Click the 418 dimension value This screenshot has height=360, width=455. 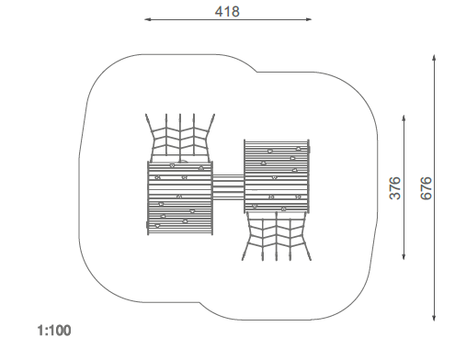(227, 12)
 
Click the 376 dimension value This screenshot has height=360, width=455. (395, 188)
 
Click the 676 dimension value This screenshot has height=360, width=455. (426, 188)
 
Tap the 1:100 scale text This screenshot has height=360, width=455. (54, 331)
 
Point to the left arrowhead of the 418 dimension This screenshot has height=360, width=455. (148, 19)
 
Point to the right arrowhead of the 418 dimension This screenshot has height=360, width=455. (308, 19)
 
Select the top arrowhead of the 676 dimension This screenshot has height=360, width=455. (434, 58)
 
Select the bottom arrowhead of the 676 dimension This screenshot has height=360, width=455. (434, 317)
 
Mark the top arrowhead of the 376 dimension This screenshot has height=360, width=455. (404, 118)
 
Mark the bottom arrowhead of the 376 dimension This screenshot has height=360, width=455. (404, 256)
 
